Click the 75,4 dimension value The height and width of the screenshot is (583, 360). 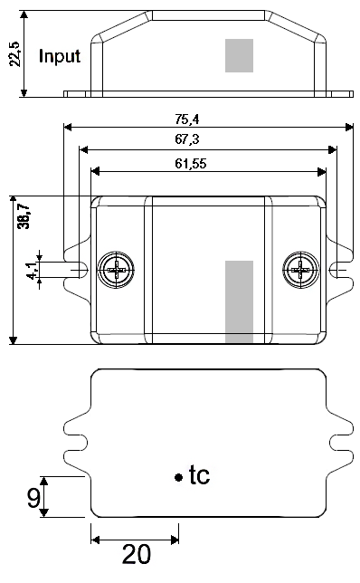187,119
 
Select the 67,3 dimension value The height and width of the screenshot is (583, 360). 187,139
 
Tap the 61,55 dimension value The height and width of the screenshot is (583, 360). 191,164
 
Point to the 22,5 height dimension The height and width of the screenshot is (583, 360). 15,54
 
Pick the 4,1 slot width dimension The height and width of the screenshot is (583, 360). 33,271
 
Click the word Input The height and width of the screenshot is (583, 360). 60,56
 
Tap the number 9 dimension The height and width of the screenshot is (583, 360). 33,498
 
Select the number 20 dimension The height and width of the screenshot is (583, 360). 137,554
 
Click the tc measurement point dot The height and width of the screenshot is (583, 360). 179,477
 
